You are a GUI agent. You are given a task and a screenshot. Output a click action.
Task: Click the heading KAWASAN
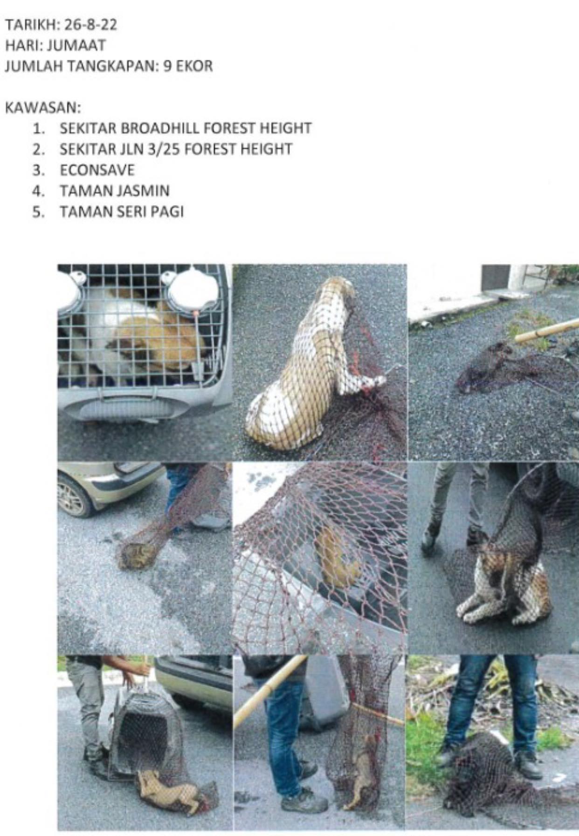click(x=43, y=108)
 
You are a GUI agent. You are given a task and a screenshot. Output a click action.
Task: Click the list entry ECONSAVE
click(x=97, y=170)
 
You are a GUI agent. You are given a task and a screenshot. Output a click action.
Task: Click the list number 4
click(x=39, y=191)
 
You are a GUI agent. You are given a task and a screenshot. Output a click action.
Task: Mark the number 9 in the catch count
click(x=167, y=66)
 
